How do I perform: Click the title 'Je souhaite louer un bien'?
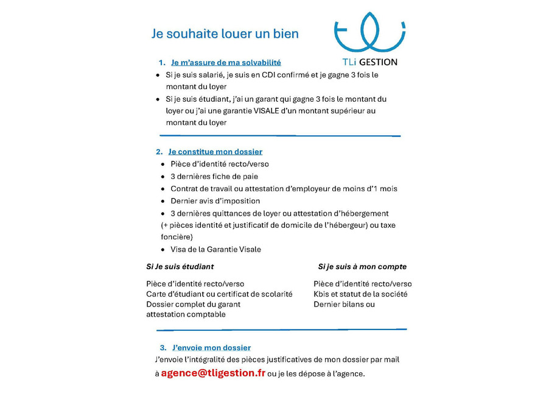pyautogui.click(x=225, y=34)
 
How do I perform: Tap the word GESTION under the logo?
pyautogui.click(x=378, y=62)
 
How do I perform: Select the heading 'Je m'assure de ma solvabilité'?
pyautogui.click(x=226, y=62)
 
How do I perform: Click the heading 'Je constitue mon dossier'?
pyautogui.click(x=215, y=152)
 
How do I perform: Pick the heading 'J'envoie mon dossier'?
pyautogui.click(x=211, y=348)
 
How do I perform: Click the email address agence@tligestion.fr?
pyautogui.click(x=213, y=373)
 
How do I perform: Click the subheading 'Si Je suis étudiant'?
pyautogui.click(x=180, y=267)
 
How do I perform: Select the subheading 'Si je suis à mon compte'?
pyautogui.click(x=362, y=267)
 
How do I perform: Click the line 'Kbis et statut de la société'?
pyautogui.click(x=360, y=294)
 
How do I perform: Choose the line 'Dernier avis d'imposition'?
pyautogui.click(x=215, y=201)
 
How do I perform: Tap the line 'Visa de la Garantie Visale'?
pyautogui.click(x=215, y=250)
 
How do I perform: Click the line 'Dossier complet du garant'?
pyautogui.click(x=193, y=305)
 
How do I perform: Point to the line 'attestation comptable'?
pyautogui.click(x=186, y=314)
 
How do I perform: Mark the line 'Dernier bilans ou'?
pyautogui.click(x=344, y=305)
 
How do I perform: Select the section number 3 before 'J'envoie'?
pyautogui.click(x=163, y=348)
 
